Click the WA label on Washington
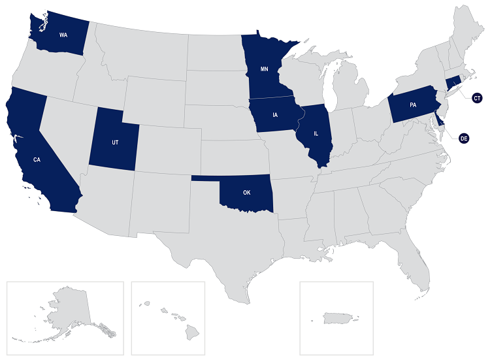pyautogui.click(x=64, y=34)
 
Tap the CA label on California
pyautogui.click(x=37, y=160)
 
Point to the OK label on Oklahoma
pyautogui.click(x=246, y=193)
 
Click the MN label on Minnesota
pyautogui.click(x=265, y=69)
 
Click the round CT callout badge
pyautogui.click(x=477, y=98)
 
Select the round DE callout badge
pyautogui.click(x=465, y=139)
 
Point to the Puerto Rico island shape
pyautogui.click(x=338, y=318)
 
